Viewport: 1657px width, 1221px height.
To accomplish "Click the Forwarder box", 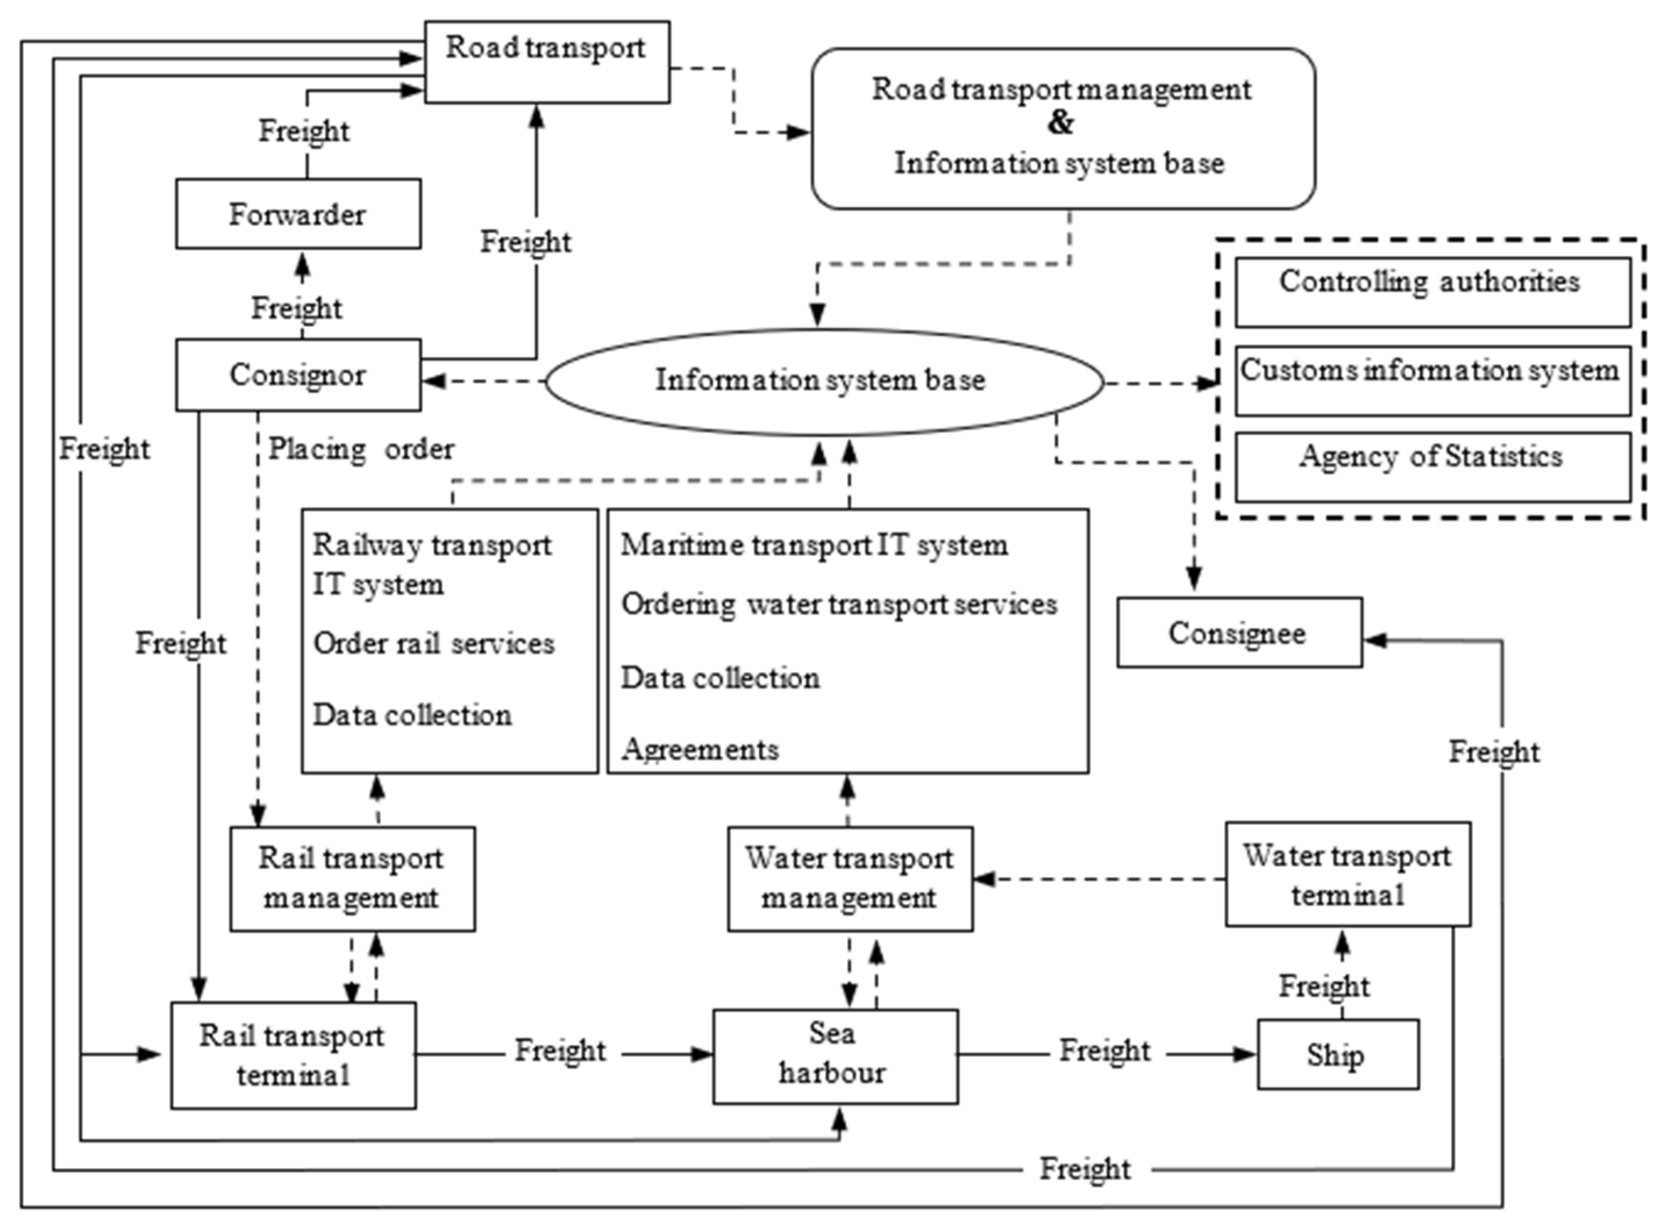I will pyautogui.click(x=298, y=214).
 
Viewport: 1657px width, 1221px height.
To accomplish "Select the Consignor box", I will pyautogui.click(x=298, y=375).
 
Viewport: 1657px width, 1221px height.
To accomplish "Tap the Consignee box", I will pyautogui.click(x=1239, y=633).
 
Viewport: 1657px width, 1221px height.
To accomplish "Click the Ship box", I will pyautogui.click(x=1337, y=1055).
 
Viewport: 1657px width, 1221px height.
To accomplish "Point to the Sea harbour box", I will pyautogui.click(x=835, y=1055).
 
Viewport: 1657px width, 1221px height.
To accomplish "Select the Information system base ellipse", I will pyautogui.click(x=822, y=380).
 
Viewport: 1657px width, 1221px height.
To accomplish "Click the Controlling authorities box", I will pyautogui.click(x=1431, y=292).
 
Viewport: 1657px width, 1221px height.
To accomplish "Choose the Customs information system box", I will pyautogui.click(x=1431, y=380).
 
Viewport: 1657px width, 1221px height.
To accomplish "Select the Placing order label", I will pyautogui.click(x=360, y=448).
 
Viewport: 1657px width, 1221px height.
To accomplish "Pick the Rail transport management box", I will pyautogui.click(x=352, y=878).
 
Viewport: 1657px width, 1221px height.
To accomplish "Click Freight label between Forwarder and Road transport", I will pyautogui.click(x=303, y=131).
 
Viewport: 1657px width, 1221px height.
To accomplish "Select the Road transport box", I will pyautogui.click(x=547, y=61).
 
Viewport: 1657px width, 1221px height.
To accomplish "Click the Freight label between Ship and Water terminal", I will pyautogui.click(x=1324, y=986).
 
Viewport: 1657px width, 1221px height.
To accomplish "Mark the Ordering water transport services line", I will pyautogui.click(x=838, y=604).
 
